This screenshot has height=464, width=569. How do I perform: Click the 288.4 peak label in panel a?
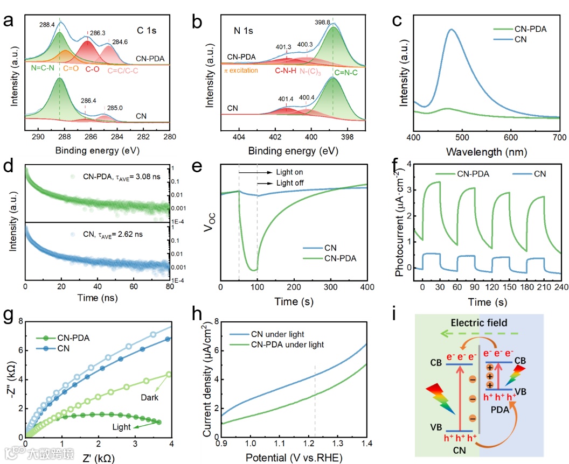(x=47, y=24)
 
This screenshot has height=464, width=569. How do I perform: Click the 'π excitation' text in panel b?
(x=241, y=71)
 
